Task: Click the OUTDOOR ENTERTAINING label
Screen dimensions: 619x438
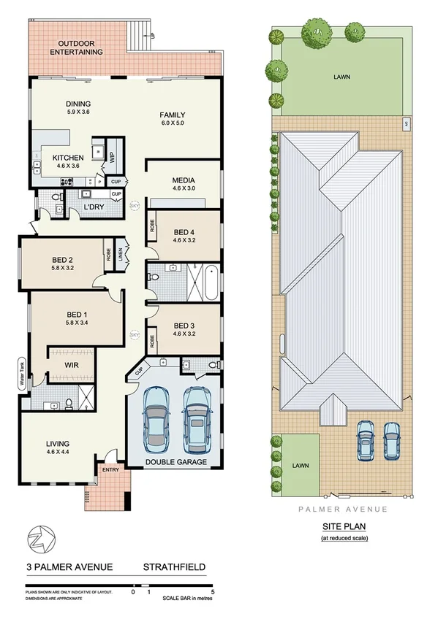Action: [76, 47]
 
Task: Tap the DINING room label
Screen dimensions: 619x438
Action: [78, 104]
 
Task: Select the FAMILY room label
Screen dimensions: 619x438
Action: [173, 115]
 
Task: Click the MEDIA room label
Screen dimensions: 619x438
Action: [183, 180]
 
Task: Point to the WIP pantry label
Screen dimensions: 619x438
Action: [112, 157]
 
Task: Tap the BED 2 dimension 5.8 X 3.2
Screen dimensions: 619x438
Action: [63, 268]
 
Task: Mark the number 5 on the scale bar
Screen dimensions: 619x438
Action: [212, 592]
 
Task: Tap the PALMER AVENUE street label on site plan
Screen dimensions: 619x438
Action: [344, 509]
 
